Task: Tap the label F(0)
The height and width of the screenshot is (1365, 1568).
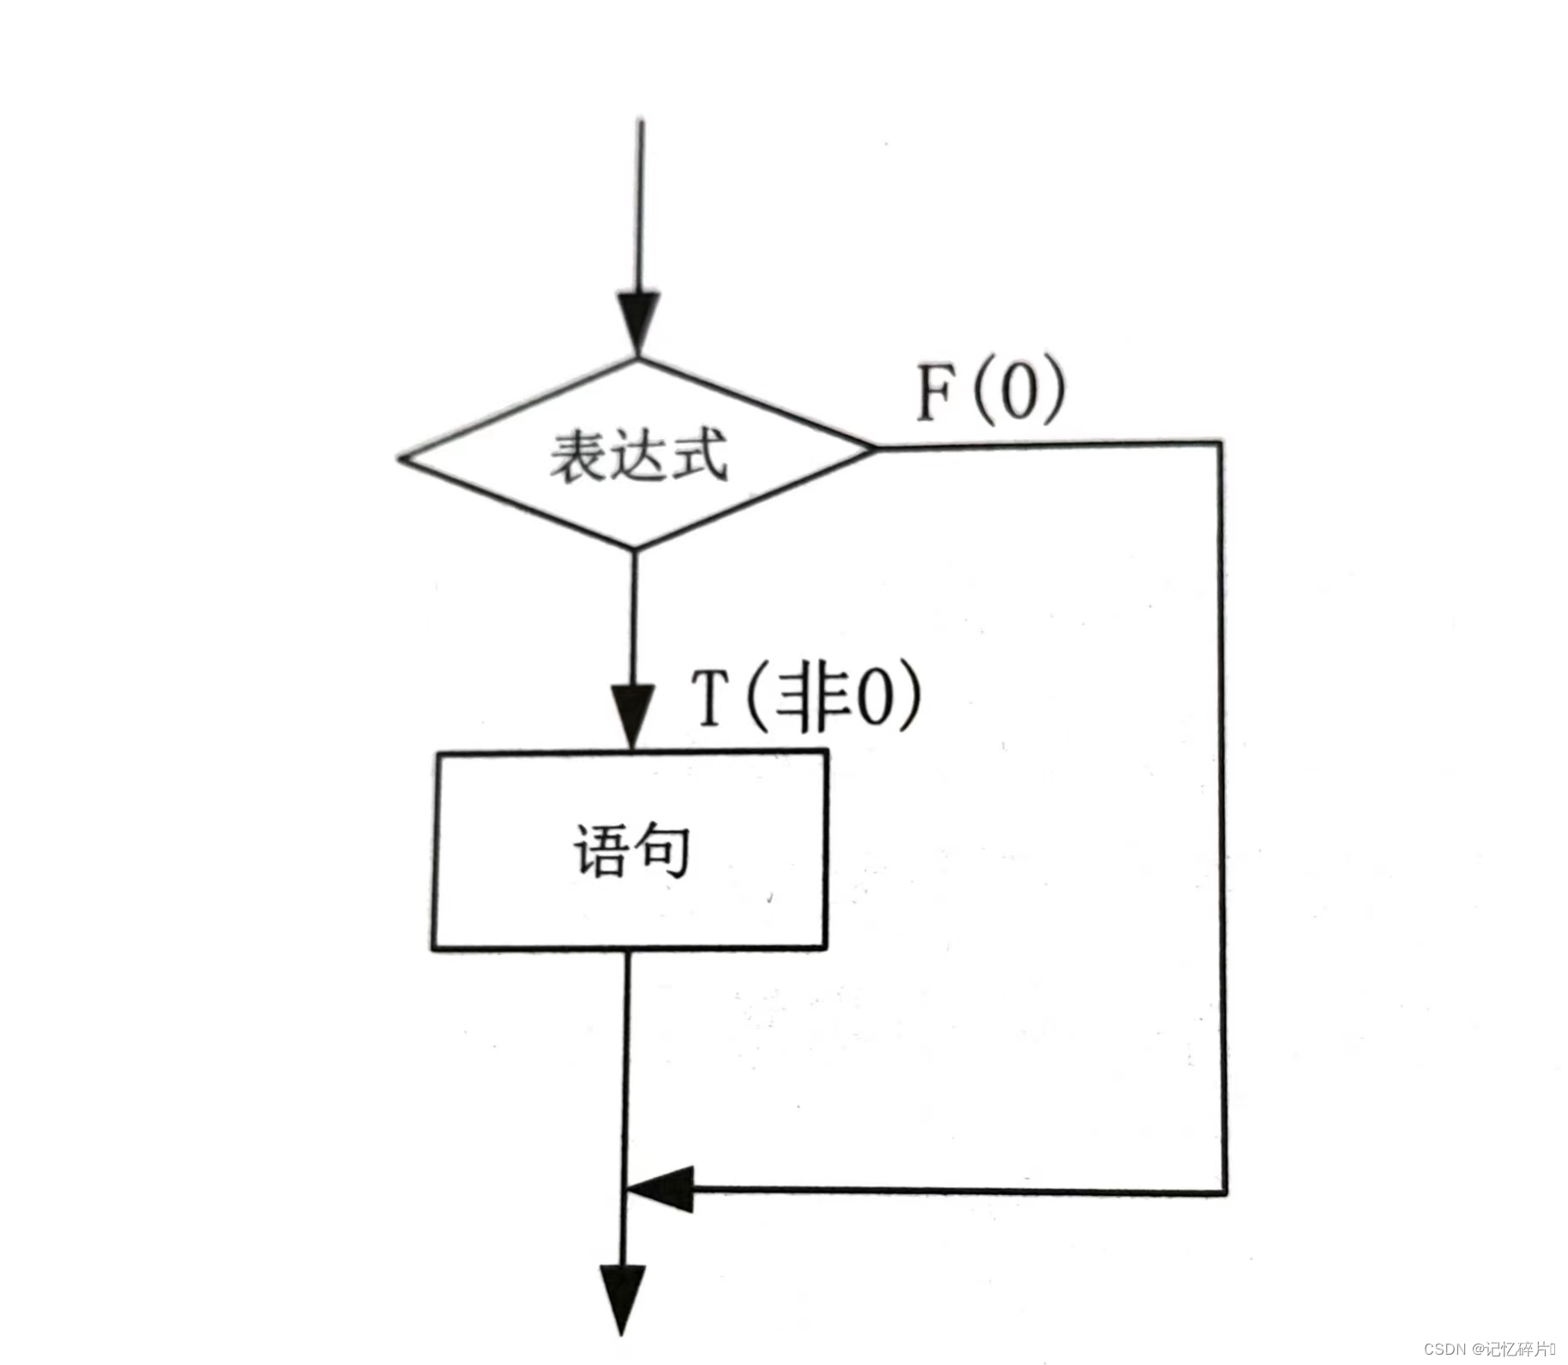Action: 991,392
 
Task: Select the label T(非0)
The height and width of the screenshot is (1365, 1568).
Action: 806,699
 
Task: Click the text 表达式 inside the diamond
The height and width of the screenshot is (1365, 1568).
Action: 638,454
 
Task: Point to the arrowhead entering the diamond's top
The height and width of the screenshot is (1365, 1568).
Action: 639,322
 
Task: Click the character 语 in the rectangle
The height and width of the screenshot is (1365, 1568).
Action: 600,851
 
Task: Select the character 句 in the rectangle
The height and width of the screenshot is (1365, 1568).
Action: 661,851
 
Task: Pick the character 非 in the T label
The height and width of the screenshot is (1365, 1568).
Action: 806,699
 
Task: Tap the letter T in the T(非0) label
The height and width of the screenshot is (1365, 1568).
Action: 710,699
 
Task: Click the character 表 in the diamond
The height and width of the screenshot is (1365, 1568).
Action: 579,454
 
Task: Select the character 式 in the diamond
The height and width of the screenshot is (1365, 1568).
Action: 699,454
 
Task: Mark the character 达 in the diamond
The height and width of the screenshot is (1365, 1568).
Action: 639,454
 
